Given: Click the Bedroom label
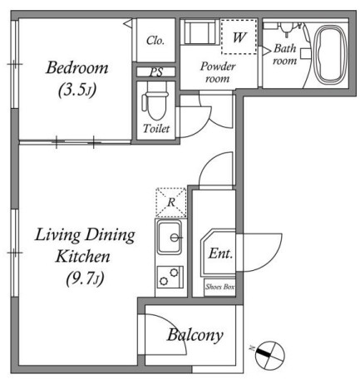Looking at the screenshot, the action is tap(77, 68).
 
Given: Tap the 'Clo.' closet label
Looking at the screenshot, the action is tap(155, 41).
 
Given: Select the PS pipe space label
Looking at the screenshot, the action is tap(156, 72).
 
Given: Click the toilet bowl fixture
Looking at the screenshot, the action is tap(155, 101).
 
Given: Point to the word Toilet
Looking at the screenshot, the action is tap(156, 128).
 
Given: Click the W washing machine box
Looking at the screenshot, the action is tap(239, 37).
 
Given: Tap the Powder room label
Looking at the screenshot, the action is tap(218, 72).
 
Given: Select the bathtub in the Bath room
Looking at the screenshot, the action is tap(332, 55).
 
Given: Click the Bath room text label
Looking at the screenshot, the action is tap(285, 55).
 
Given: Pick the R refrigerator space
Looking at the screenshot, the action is tap(171, 202).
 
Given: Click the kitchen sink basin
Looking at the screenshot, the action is tap(170, 238).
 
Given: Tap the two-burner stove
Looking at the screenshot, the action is tap(170, 277).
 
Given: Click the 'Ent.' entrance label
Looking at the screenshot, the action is tap(220, 254).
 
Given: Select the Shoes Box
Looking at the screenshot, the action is tap(219, 288).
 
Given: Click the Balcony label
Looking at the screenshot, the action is tap(195, 335).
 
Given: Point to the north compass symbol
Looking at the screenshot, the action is tap(270, 355).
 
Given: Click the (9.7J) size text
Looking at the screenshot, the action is tap(85, 278).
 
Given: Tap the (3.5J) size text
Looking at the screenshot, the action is tap(77, 90).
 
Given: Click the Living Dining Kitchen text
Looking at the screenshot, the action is tap(85, 245).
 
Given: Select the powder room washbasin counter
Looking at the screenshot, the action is tap(200, 32).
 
